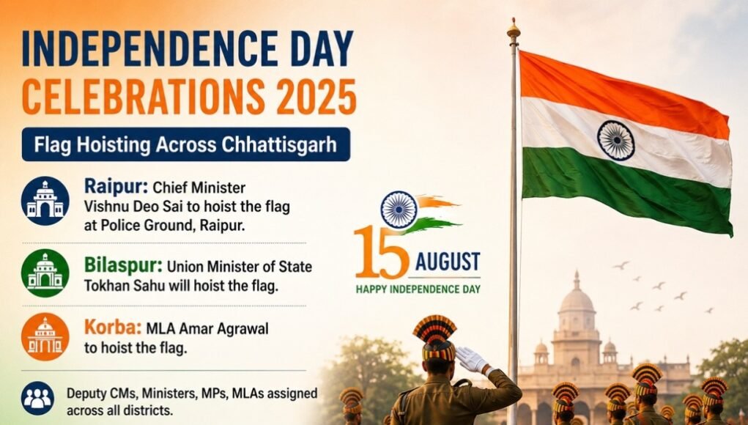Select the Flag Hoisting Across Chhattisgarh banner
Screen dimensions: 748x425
(186, 144)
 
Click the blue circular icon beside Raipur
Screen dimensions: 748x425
(45, 201)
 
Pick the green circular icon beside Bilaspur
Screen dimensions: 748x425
(45, 273)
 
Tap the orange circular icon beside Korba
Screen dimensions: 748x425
(45, 337)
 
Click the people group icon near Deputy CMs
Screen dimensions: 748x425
(37, 399)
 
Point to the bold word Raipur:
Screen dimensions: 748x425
(116, 187)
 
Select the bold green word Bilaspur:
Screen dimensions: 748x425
(123, 265)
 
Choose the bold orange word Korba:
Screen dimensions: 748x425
(113, 328)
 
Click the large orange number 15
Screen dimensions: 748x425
(382, 252)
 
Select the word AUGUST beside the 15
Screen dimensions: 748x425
(448, 262)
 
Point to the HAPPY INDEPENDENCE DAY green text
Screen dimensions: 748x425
(418, 289)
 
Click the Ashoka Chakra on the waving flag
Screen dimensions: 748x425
(616, 140)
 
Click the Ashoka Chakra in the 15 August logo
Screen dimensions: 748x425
(399, 210)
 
